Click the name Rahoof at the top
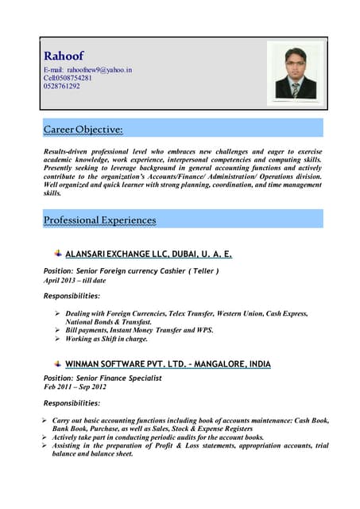[x=64, y=56]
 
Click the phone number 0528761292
[x=62, y=86]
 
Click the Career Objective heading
[x=83, y=128]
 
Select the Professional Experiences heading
[x=99, y=220]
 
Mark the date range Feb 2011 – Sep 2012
[x=75, y=387]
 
